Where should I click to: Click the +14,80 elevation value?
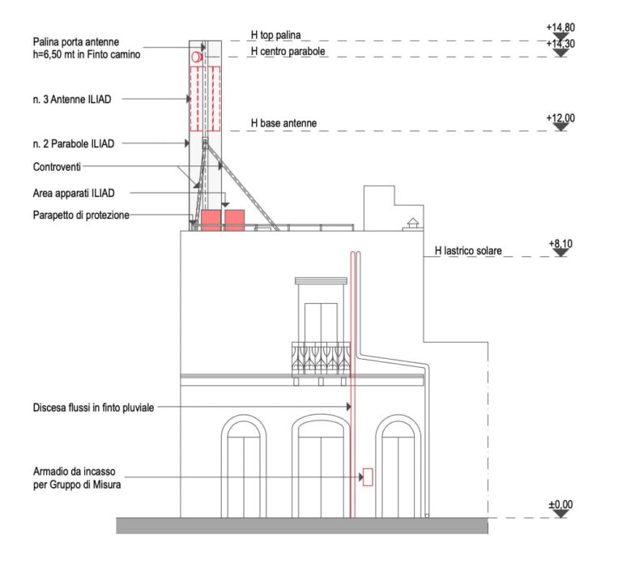(x=560, y=27)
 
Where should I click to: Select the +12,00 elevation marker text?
(x=560, y=118)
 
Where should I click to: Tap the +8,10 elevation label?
(x=560, y=243)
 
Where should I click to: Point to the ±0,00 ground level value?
(x=560, y=505)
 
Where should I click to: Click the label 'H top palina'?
(x=275, y=36)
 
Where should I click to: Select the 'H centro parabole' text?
(x=287, y=51)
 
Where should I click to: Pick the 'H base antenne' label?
(x=283, y=123)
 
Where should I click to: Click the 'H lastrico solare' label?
(x=468, y=252)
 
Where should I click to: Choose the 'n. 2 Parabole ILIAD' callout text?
(x=73, y=143)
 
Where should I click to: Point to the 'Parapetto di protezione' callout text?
(x=82, y=215)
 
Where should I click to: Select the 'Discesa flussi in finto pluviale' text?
(x=93, y=408)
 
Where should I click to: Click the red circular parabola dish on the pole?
(x=196, y=58)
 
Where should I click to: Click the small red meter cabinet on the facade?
(x=368, y=477)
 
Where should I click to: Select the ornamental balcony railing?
(x=321, y=357)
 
